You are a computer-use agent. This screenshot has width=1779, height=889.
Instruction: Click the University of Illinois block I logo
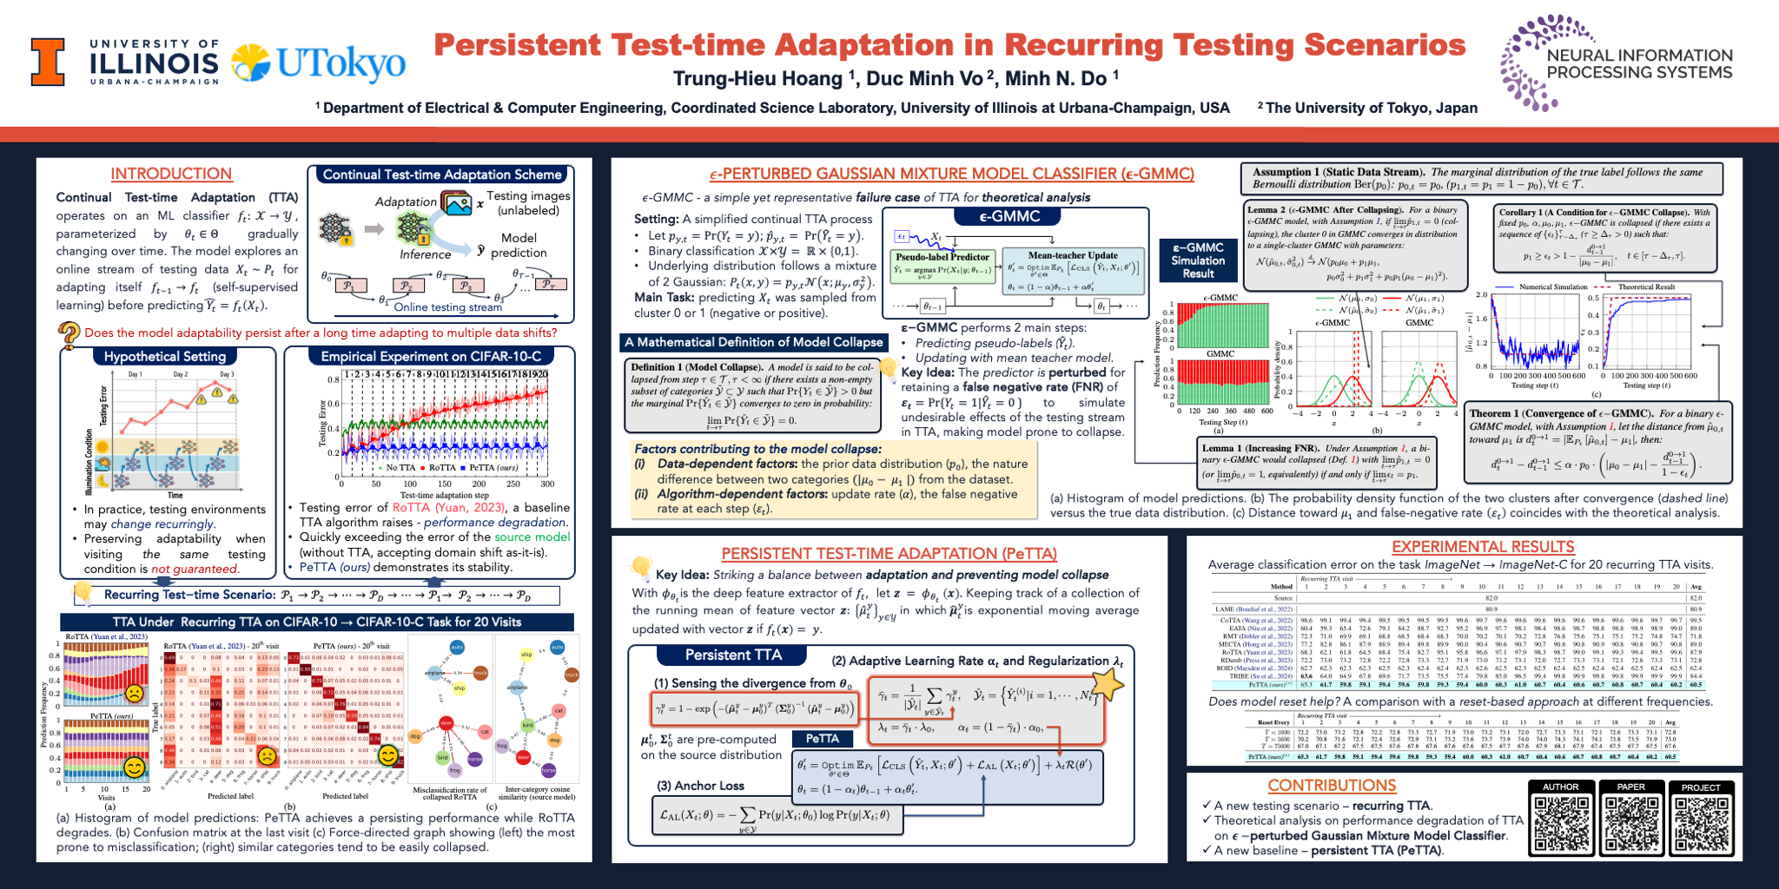point(48,62)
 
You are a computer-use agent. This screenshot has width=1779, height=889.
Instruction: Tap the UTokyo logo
point(319,63)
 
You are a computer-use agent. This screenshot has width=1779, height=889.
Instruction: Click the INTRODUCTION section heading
point(171,174)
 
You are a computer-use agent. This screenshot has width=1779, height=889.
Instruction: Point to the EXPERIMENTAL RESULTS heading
point(1483,547)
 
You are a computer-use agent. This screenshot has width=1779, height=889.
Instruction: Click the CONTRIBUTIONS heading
point(1332,786)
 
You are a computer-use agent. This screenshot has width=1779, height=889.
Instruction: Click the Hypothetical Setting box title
point(165,356)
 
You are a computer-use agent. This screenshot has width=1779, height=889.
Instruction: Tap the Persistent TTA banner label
point(733,655)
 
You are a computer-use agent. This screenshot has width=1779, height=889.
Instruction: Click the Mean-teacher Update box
point(1073,271)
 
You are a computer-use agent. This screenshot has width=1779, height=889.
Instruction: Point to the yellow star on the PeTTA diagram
point(1107,683)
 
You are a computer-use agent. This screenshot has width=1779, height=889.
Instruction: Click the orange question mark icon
point(69,333)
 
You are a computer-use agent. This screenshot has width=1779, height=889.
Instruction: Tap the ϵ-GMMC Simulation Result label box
point(1198,260)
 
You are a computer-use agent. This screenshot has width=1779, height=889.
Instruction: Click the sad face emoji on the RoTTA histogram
point(135,694)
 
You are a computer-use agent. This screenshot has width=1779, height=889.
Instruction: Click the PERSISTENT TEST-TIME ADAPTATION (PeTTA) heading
point(889,554)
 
